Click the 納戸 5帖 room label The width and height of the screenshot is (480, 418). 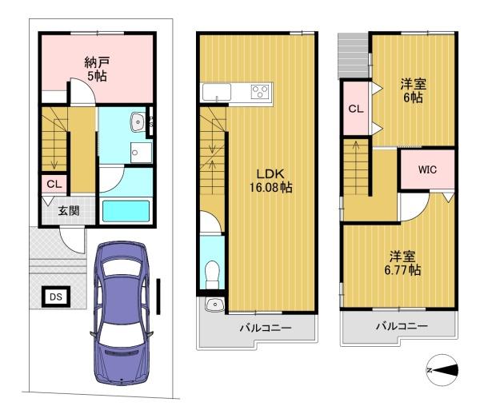tap(97, 69)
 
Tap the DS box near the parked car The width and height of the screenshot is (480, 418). tap(56, 297)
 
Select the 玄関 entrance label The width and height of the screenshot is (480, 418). tap(69, 211)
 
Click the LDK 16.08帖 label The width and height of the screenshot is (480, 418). tap(270, 181)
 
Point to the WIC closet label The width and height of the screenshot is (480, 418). tap(427, 169)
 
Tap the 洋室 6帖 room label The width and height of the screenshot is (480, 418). tap(414, 91)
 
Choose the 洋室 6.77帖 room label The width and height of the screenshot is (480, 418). tap(402, 263)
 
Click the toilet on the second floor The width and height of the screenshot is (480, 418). tap(213, 274)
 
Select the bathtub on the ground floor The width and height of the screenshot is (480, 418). tap(126, 211)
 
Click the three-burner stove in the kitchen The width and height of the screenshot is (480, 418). tap(260, 91)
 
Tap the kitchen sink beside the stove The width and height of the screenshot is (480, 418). tap(217, 92)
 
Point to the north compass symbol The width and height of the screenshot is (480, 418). tap(442, 370)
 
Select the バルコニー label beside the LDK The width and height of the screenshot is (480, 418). tap(266, 328)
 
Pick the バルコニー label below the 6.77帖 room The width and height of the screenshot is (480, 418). tap(402, 326)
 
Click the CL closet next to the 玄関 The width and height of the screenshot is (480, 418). tap(54, 184)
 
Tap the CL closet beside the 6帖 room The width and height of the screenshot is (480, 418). tap(356, 108)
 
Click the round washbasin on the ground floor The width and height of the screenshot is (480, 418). tap(138, 122)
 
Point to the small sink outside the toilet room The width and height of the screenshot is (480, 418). tap(214, 305)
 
